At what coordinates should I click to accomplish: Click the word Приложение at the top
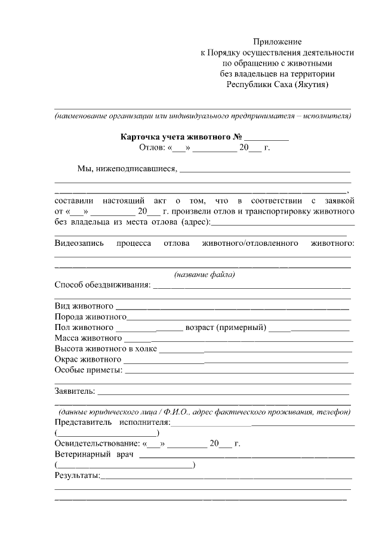click(278, 42)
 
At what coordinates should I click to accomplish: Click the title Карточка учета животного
click(176, 136)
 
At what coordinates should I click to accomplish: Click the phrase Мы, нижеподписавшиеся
click(127, 169)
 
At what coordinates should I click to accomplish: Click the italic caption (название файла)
click(204, 275)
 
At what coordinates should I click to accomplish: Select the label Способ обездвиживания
click(102, 286)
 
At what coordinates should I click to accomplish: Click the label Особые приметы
click(88, 371)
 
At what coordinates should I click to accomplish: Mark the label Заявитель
click(75, 391)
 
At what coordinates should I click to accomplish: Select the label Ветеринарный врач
click(93, 455)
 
